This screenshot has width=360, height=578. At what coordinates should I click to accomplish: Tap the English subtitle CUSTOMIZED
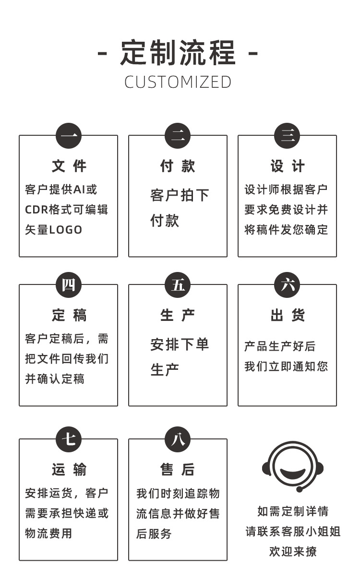178,82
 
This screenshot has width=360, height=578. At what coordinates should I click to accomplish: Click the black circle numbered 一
69,136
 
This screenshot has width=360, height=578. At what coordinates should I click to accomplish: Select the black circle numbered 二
178,136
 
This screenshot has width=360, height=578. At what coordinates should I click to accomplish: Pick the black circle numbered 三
287,136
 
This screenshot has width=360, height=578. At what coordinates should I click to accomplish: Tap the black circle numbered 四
69,285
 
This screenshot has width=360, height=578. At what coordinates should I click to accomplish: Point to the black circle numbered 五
178,285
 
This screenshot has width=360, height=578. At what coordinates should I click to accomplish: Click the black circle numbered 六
287,285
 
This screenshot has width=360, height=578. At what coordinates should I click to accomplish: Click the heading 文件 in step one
69,166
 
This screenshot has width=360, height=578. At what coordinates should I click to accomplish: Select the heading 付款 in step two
178,166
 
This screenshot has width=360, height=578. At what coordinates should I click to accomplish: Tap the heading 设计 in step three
287,166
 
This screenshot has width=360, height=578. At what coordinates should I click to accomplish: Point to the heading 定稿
69,316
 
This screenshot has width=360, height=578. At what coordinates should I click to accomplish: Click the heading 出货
287,316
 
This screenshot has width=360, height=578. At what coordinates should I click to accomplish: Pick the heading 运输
69,470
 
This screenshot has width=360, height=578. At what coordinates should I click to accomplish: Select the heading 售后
178,470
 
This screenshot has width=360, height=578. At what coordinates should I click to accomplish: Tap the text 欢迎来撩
292,552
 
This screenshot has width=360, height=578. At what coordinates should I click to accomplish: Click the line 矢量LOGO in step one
54,230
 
